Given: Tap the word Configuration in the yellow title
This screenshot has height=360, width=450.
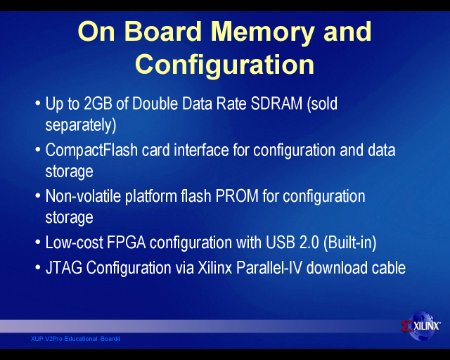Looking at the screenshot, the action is click(225, 65).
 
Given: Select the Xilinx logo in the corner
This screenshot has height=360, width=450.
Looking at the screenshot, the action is click(421, 326).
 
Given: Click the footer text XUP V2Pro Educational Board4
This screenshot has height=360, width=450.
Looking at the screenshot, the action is click(75, 339).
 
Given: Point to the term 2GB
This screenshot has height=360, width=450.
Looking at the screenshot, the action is click(98, 103).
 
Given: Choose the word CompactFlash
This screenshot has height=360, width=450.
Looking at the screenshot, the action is click(91, 150).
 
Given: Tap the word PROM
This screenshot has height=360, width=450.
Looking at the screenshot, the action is click(237, 196).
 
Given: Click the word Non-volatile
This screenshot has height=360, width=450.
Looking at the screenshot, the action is click(83, 196).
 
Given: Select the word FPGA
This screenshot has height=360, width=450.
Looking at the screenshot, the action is click(127, 243).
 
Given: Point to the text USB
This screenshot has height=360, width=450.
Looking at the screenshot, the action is click(281, 243).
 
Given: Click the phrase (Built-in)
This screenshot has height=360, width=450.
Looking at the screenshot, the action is click(350, 243).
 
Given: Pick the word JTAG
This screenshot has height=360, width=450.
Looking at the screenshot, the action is click(64, 268).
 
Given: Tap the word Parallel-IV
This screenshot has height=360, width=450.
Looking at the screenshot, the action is click(269, 268).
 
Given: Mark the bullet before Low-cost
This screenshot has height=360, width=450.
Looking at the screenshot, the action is click(37, 242).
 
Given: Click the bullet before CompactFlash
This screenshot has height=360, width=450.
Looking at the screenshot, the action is click(37, 150).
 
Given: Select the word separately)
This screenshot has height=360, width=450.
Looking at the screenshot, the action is click(81, 125).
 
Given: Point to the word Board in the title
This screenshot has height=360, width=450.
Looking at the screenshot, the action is click(163, 32).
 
